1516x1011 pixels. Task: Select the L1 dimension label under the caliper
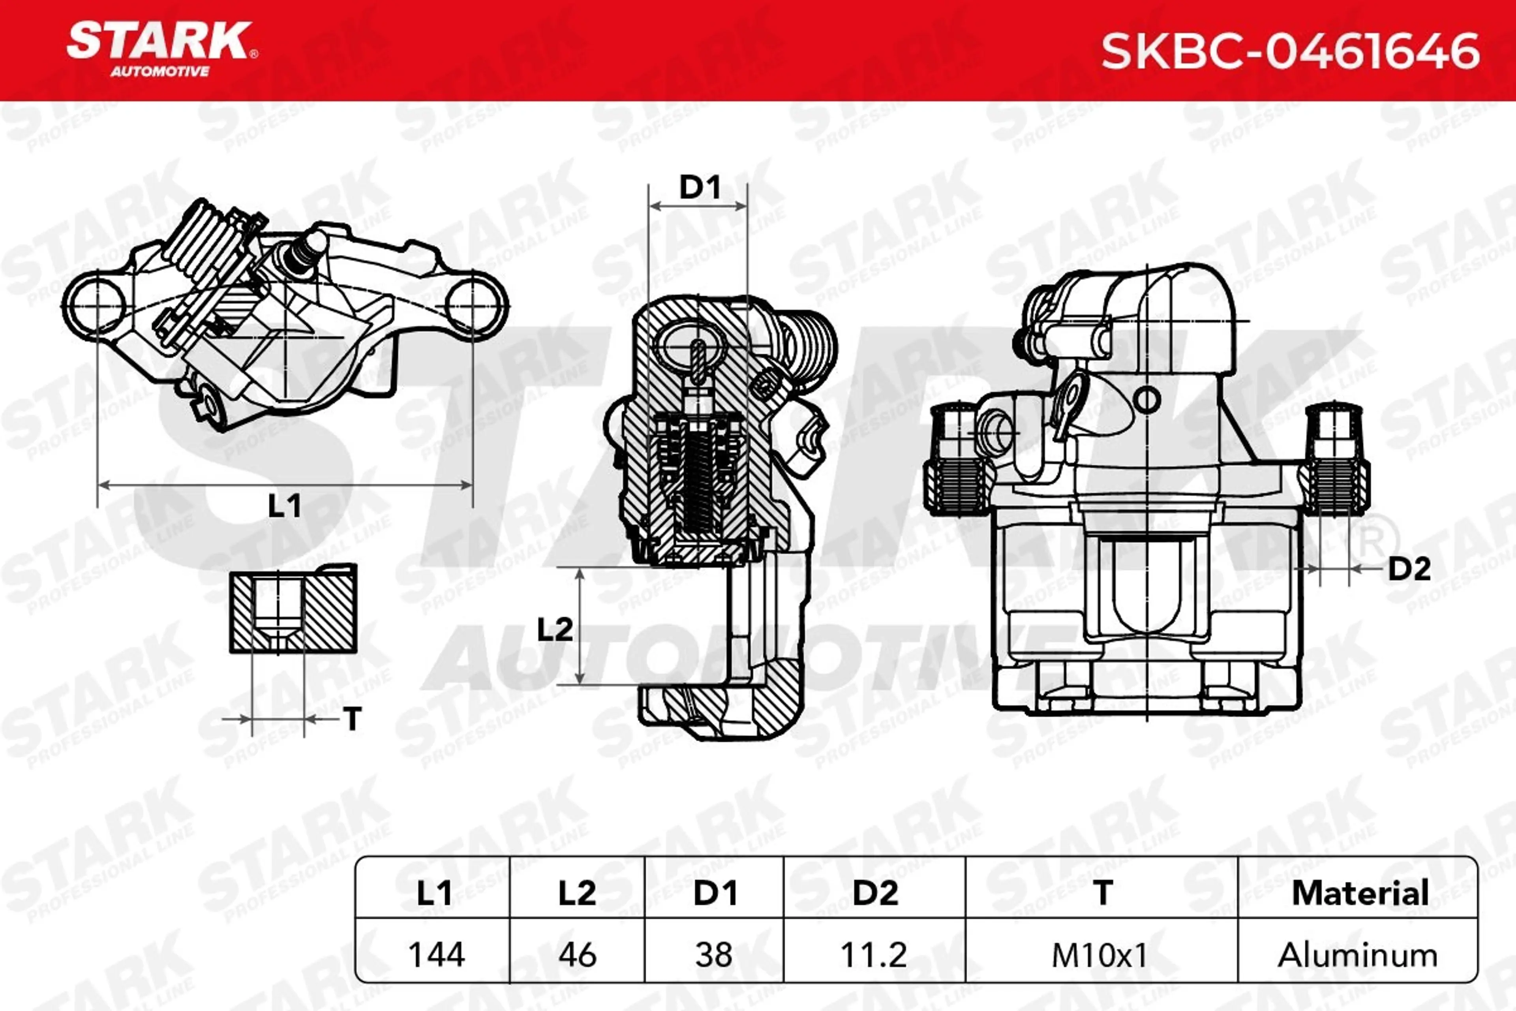pyautogui.click(x=284, y=506)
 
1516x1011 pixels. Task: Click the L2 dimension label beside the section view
pyautogui.click(x=554, y=629)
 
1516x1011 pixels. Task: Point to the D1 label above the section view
pyautogui.click(x=700, y=188)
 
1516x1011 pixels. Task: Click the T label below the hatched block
pyautogui.click(x=352, y=719)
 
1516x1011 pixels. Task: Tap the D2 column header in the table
pyautogui.click(x=875, y=893)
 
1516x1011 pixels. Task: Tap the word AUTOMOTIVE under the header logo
pyautogui.click(x=160, y=71)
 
